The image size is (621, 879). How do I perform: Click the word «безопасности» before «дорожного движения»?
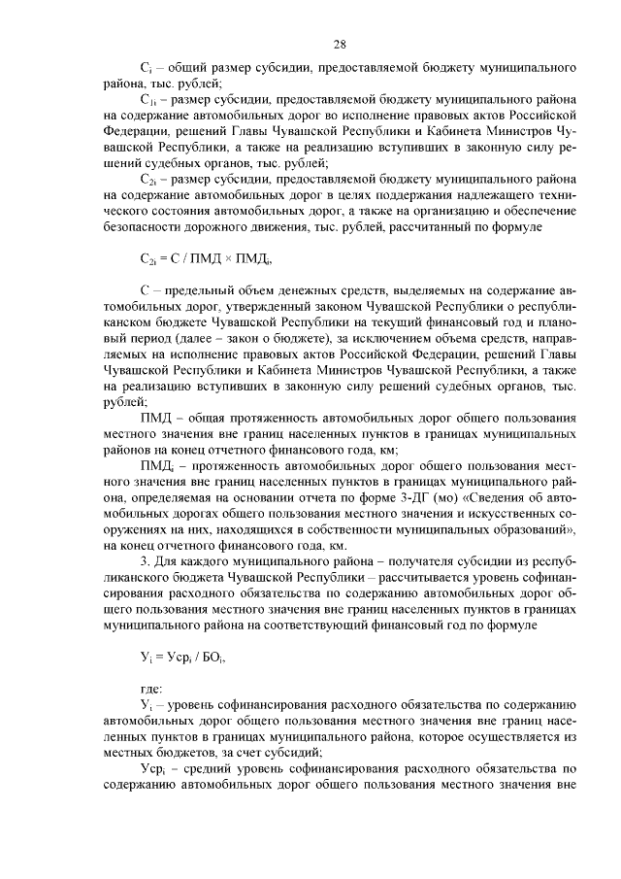147,229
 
